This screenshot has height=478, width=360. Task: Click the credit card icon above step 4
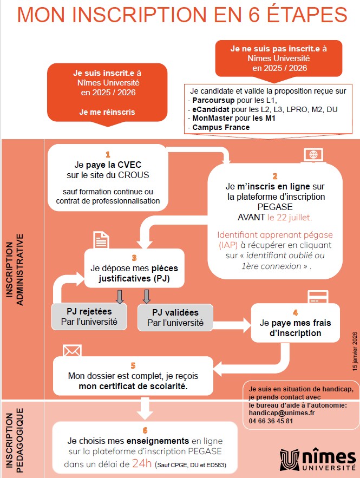click(316, 297)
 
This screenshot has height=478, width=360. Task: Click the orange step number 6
click(145, 416)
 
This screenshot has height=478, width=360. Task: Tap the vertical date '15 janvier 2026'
click(355, 351)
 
